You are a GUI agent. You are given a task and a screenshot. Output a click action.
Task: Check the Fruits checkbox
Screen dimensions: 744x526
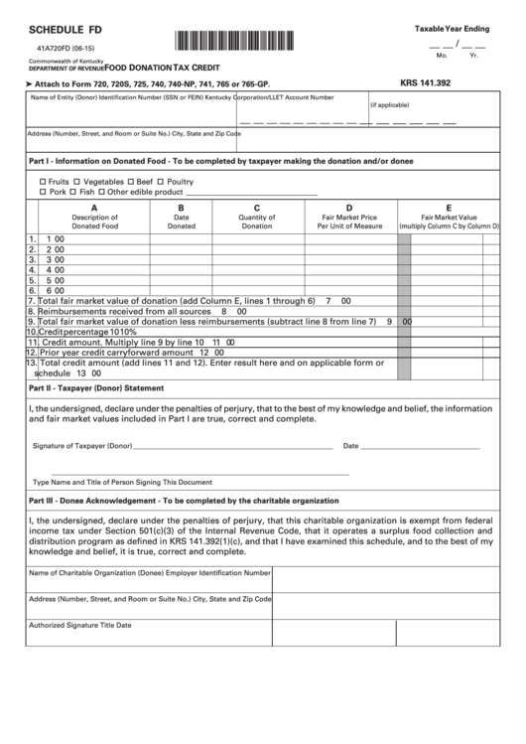pos(42,182)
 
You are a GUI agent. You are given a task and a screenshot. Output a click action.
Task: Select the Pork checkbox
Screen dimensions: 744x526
pos(42,192)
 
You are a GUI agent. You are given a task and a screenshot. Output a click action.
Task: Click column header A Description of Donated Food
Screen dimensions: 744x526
pos(94,218)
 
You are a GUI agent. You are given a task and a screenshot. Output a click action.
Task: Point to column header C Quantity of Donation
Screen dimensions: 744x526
pos(257,218)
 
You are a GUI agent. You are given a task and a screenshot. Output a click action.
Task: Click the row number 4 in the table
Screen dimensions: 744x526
pos(32,269)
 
